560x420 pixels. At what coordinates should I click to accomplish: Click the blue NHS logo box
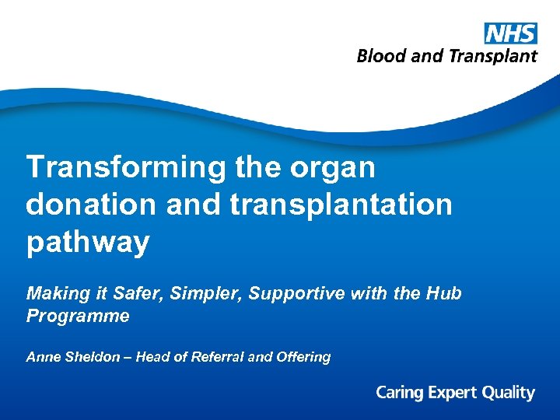pos(510,33)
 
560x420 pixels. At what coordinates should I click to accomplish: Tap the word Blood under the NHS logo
pos(379,56)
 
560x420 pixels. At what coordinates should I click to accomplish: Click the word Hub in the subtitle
pos(445,293)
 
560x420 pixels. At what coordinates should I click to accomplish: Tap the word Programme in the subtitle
pos(78,317)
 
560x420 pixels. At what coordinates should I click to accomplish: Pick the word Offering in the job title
pos(303,358)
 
